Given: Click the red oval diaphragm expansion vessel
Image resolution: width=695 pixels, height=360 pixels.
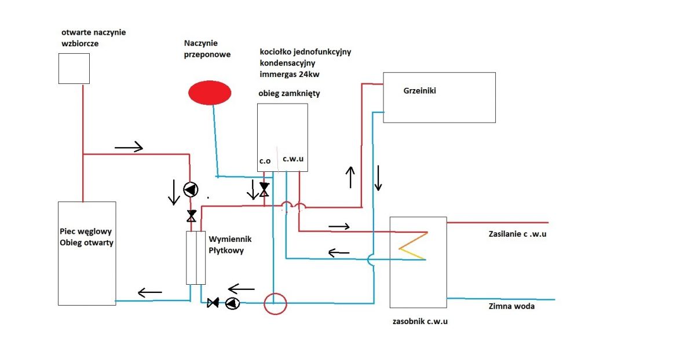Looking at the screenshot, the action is pos(210,93).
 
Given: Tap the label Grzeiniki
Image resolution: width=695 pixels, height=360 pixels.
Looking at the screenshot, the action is pos(419,90).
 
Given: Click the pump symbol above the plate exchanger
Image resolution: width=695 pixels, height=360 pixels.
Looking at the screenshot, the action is pos(191,189).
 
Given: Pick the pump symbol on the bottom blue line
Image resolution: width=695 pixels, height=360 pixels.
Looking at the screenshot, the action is pos(232,303).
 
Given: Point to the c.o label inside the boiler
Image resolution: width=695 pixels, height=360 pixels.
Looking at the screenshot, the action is pos(265,161).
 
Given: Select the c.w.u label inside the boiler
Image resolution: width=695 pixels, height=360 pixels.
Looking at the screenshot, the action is pos(293,159).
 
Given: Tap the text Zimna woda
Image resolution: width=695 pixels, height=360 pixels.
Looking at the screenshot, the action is pos(511,306).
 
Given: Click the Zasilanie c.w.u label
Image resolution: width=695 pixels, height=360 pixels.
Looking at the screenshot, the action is pos(518,234).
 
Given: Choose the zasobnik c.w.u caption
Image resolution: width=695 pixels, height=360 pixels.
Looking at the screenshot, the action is pos(420,321).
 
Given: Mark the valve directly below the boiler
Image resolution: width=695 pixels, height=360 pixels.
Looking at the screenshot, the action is pos(264,189).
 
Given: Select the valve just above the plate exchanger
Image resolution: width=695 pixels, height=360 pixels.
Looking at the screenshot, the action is pos(192,216).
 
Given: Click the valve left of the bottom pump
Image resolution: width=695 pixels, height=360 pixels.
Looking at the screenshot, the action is pos(213,303).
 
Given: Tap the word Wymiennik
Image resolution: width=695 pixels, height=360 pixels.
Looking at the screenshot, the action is pos(231,239).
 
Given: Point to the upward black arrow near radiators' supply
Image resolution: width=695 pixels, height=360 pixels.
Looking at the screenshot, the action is pos(350,177).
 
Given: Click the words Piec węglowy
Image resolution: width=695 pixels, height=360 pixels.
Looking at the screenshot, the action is pos(86,232).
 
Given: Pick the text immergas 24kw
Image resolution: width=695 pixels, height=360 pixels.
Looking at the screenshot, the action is pos(290,75).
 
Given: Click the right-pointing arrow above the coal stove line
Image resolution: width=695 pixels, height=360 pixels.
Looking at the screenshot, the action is pos(129,147).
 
